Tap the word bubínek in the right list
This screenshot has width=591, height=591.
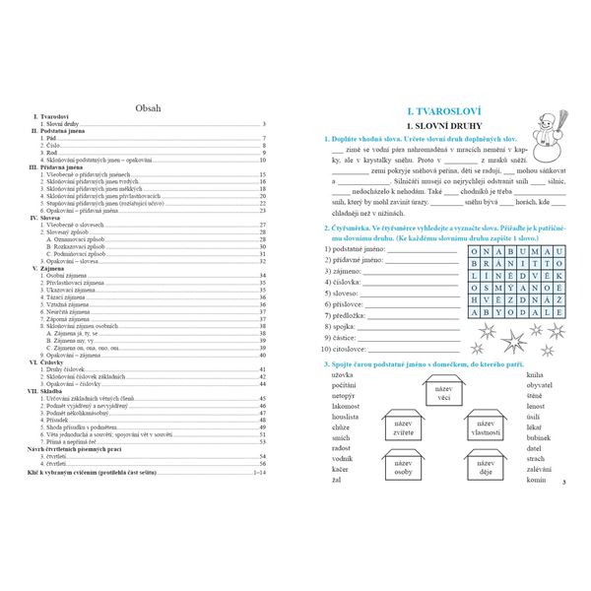pos(540,439)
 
